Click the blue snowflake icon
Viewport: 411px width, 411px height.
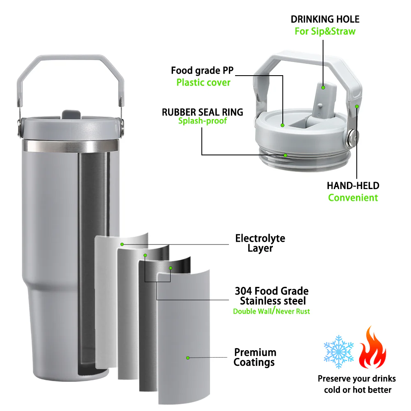point(338,351)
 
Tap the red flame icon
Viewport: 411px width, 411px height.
point(372,347)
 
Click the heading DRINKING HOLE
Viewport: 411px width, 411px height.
point(325,19)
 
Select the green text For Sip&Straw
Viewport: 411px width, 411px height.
point(325,31)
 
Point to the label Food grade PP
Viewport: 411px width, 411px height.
point(202,70)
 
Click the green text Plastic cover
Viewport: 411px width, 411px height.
point(203,82)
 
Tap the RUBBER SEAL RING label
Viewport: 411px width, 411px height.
point(202,112)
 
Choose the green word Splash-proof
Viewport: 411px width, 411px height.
point(202,121)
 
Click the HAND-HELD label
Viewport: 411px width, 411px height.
point(353,186)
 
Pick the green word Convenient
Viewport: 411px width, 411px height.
point(353,198)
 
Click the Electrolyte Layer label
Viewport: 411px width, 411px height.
point(260,243)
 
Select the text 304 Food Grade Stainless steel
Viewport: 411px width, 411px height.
point(272,296)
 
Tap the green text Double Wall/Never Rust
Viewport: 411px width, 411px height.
point(272,311)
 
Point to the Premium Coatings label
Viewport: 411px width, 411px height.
point(255,357)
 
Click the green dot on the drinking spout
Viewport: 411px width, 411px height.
point(323,88)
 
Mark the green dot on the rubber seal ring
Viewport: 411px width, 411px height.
point(286,155)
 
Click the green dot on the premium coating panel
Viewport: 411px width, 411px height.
point(188,358)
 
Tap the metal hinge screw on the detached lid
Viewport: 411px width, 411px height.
point(353,137)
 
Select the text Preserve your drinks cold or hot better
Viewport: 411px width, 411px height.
point(357,384)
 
